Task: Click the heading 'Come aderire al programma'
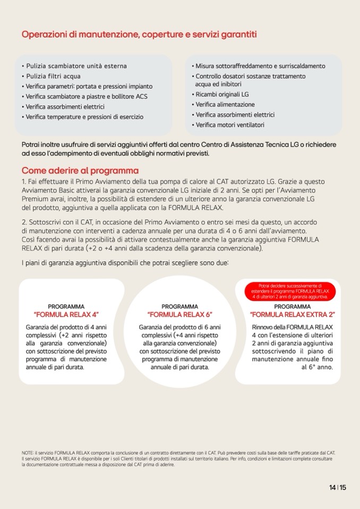coord(80,171)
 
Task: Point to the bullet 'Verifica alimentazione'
coord(225,105)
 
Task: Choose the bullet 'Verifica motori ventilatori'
coord(230,125)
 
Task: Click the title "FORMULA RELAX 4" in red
coord(66,315)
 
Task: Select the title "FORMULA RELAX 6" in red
coord(179,315)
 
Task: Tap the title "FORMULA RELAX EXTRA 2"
coord(293,315)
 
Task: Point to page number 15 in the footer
coord(343,488)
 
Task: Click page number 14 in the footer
coord(332,488)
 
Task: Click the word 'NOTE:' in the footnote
coord(28,452)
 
